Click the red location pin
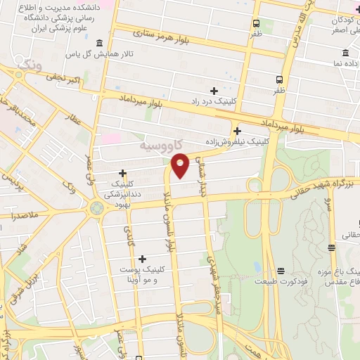tap(181, 165)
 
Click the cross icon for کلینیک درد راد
tap(214, 91)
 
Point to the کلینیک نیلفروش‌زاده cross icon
tap(238, 131)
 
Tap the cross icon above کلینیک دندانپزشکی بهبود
tap(123, 173)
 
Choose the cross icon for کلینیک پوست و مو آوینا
tap(143, 259)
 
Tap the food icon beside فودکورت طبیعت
tap(281, 271)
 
